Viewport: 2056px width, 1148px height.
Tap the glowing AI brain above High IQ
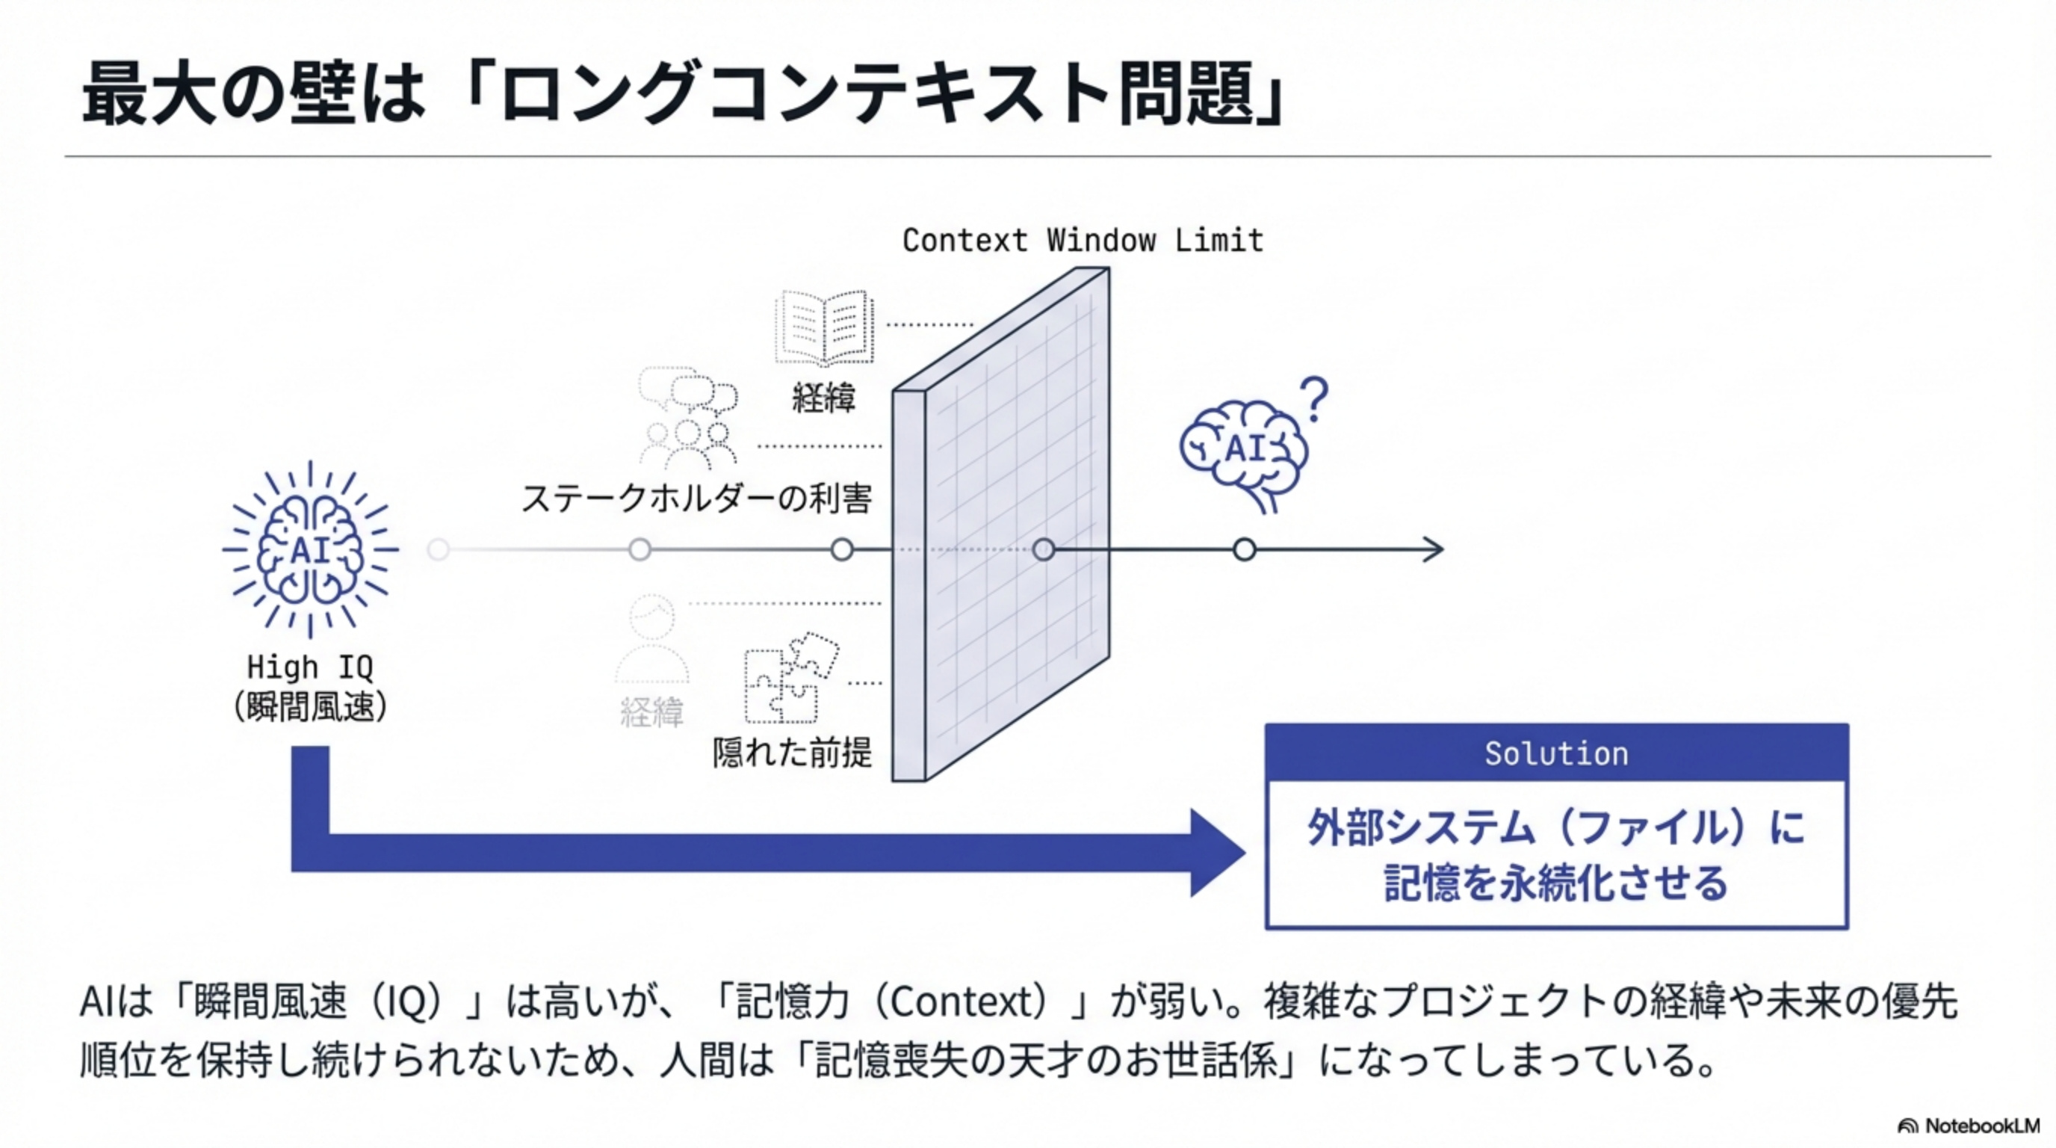(x=311, y=549)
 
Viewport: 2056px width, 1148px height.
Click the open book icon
(x=825, y=328)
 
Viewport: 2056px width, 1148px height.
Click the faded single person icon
(x=652, y=640)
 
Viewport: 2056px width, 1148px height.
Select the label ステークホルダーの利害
(x=696, y=499)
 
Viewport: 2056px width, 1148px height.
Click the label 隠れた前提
(x=792, y=752)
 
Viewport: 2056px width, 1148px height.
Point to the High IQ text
(x=310, y=667)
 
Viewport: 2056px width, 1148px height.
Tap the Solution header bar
(x=1556, y=753)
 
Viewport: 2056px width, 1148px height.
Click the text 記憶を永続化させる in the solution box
(x=1556, y=883)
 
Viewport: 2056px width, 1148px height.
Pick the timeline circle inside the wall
(x=1043, y=549)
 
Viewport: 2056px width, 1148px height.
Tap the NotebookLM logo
(x=1968, y=1126)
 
